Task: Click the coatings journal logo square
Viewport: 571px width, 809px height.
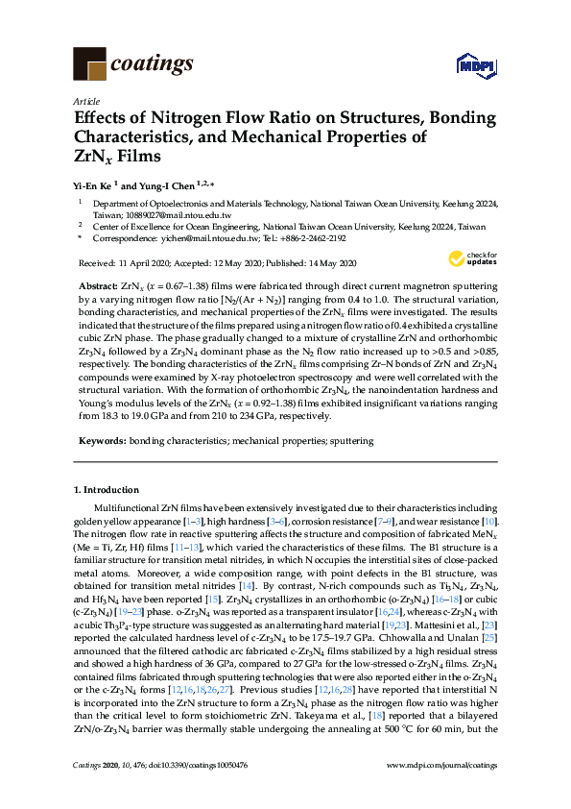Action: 89,64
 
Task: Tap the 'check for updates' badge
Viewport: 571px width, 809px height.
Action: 472,258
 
